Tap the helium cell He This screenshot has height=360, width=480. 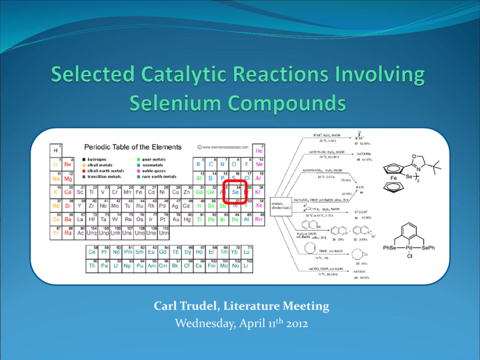click(x=276, y=150)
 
